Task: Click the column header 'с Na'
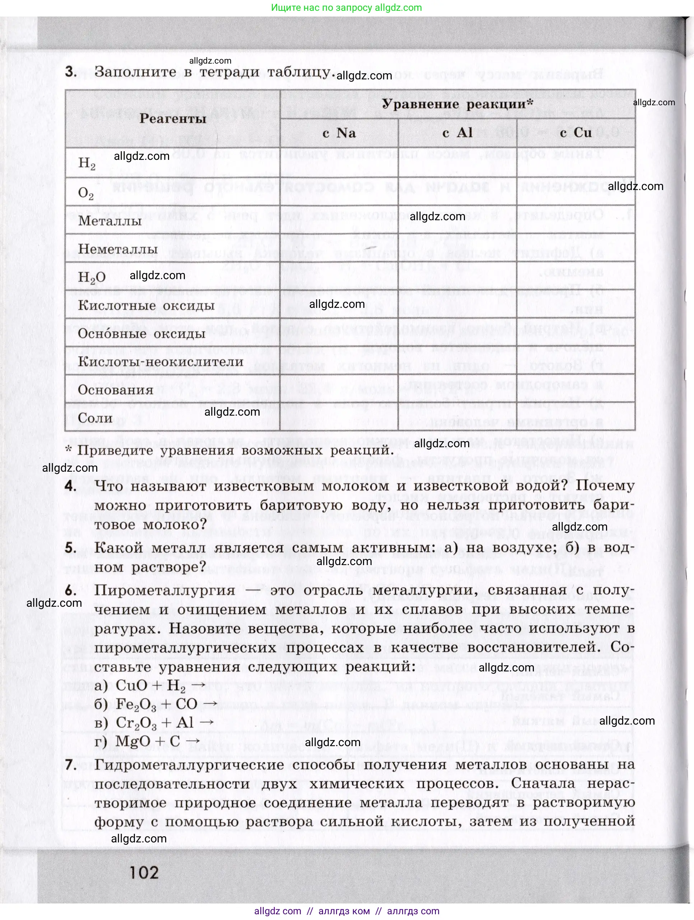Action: coord(339,133)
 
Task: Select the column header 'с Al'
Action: coord(457,133)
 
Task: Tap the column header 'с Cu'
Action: coord(576,133)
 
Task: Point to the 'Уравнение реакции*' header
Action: coord(457,104)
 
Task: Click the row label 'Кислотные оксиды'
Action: coord(146,306)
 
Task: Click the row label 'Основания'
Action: coord(116,390)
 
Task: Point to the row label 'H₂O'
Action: coord(92,277)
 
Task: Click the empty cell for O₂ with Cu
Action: coord(576,192)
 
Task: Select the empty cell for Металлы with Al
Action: coord(457,219)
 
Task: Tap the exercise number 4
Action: coord(71,486)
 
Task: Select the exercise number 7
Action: coord(71,764)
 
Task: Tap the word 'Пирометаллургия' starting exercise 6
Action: coord(164,590)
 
